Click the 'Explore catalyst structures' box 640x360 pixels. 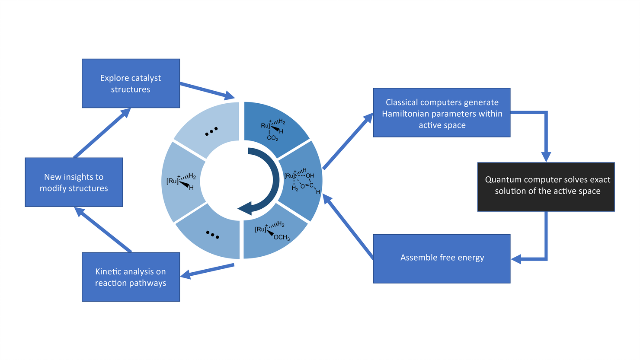click(x=131, y=83)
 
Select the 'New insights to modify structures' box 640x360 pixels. click(x=74, y=182)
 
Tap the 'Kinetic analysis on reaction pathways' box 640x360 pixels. click(x=131, y=277)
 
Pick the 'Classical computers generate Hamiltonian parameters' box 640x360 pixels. click(x=442, y=113)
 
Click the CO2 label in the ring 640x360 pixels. click(x=272, y=138)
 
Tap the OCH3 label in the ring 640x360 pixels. click(x=282, y=237)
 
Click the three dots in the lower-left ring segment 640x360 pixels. click(x=212, y=235)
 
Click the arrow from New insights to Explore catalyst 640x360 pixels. click(x=102, y=133)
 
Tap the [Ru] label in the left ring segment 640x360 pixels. click(x=172, y=181)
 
